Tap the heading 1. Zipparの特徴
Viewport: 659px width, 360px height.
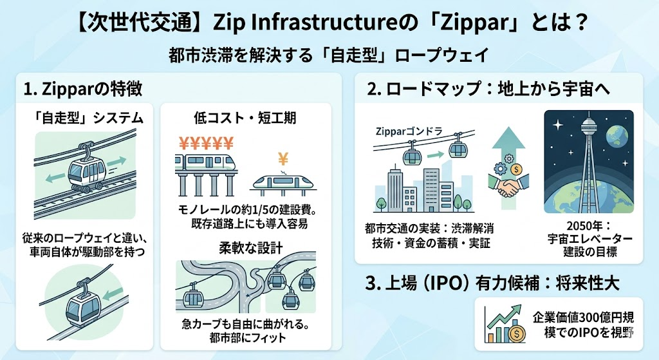[x=83, y=89]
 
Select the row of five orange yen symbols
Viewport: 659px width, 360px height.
[x=206, y=144]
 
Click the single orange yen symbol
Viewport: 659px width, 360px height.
[x=283, y=160]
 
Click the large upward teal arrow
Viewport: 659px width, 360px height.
[x=508, y=166]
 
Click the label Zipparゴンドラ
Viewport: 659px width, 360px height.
[x=409, y=131]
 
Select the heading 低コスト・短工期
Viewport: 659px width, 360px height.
[x=245, y=118]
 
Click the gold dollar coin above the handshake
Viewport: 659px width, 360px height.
[x=517, y=169]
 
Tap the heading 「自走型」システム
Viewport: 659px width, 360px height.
[x=88, y=118]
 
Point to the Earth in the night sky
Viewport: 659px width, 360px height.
[x=617, y=136]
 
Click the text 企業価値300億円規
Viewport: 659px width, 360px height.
[x=583, y=317]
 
